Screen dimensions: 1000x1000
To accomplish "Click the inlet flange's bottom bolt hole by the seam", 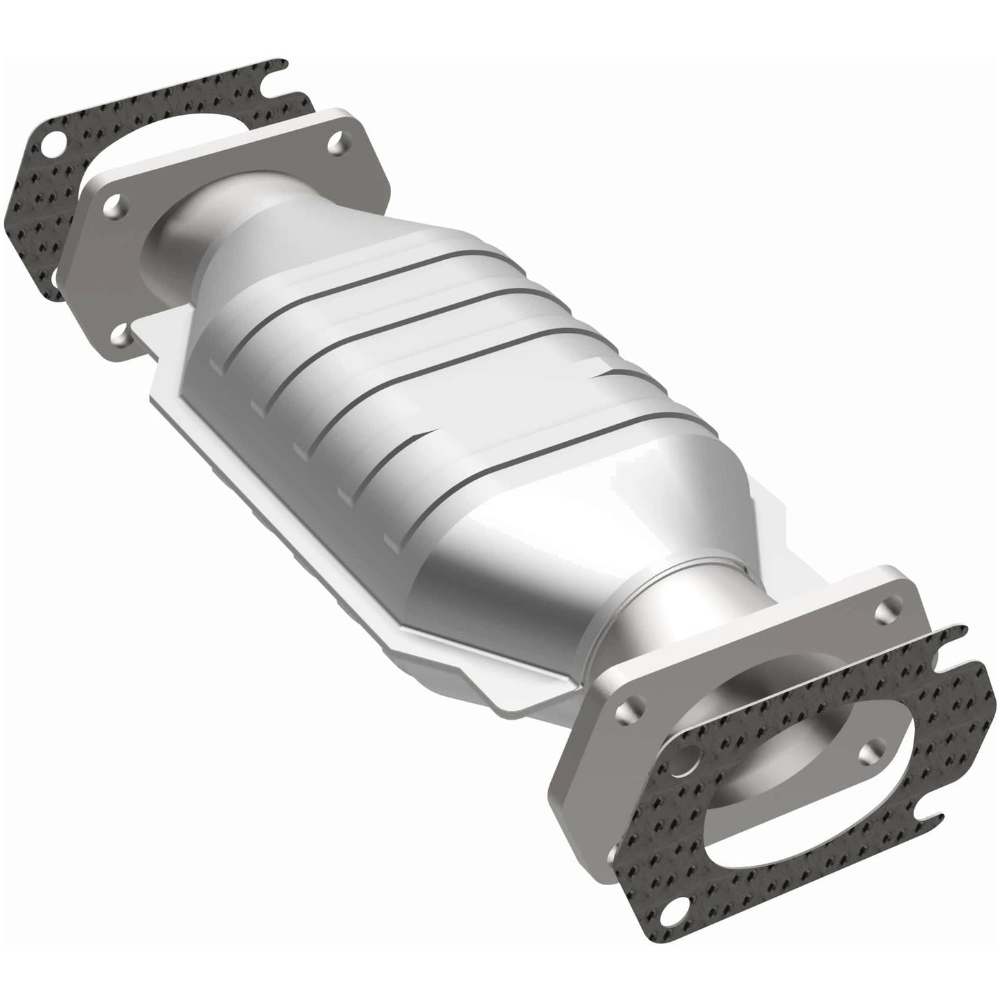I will click(x=122, y=337).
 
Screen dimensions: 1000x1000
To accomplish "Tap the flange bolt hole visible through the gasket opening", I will click(x=873, y=745).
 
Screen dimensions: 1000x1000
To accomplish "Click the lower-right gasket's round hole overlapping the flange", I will click(x=687, y=767).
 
